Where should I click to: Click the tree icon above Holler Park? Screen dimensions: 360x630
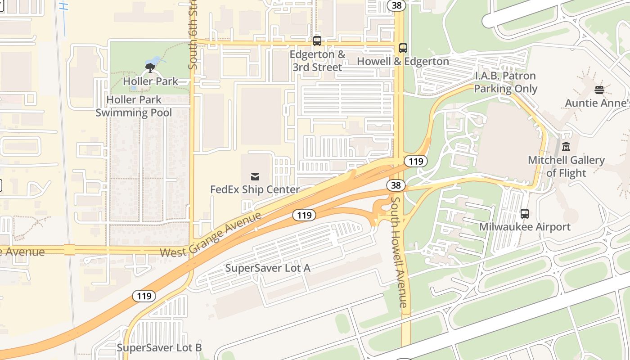coord(150,68)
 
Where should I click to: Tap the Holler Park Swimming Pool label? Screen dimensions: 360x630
coord(134,106)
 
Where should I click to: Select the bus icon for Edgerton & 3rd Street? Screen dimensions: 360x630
coord(317,41)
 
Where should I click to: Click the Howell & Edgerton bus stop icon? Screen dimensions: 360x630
coord(403,48)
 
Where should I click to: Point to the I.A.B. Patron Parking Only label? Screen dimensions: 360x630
coord(505,82)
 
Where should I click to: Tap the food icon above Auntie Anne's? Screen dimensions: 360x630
coord(599,90)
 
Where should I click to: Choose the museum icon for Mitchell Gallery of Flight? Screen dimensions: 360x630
coord(566,146)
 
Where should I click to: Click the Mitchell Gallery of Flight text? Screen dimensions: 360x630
coord(566,166)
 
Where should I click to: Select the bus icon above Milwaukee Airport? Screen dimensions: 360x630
coord(525,213)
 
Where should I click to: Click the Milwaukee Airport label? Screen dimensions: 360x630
coord(525,226)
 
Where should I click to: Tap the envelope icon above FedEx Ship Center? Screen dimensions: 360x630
coord(255,176)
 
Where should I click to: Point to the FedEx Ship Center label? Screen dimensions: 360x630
coord(255,189)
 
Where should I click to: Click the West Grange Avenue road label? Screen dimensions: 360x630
coord(211,235)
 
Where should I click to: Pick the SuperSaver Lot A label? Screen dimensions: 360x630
coord(268,268)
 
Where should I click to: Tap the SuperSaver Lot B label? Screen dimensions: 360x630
coord(159,347)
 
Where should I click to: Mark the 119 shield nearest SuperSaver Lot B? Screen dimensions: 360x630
coord(144,296)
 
